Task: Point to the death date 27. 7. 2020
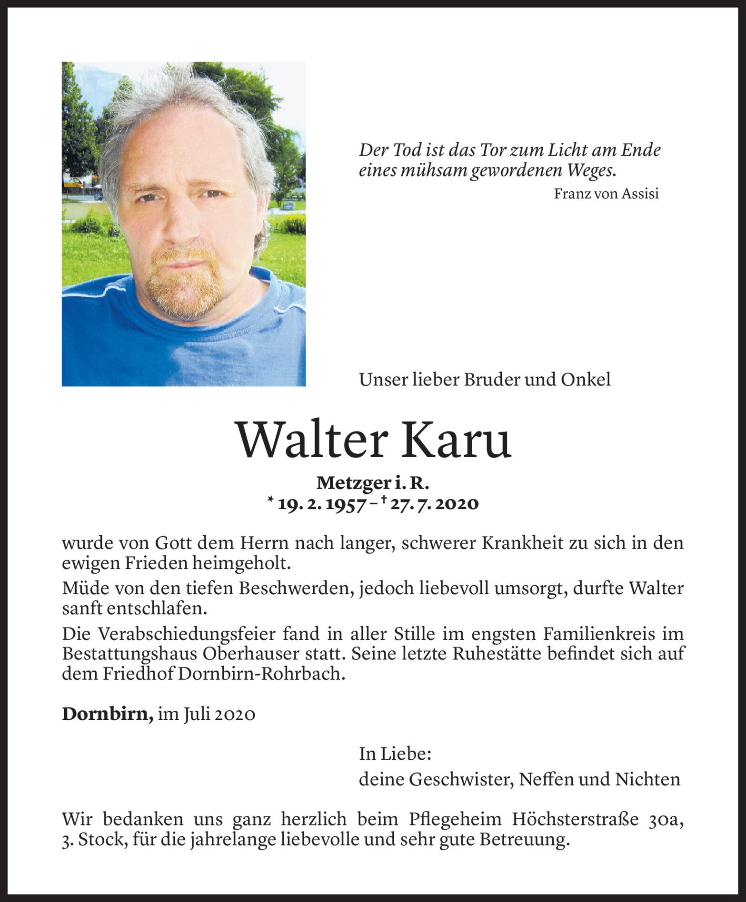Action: pos(433,504)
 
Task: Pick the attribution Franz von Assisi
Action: pos(606,194)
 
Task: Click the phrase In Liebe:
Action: pos(395,754)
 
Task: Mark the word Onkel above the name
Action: pos(586,380)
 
